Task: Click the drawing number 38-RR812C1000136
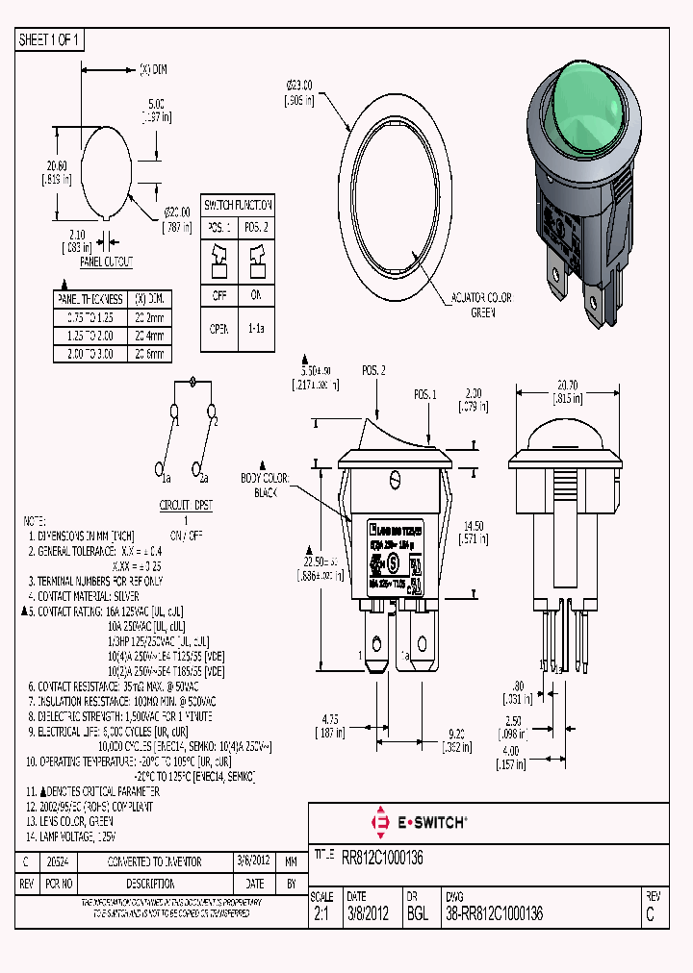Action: pos(494,914)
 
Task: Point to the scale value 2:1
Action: pos(321,914)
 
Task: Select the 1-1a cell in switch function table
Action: pos(257,328)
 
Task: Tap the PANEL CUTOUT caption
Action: pos(106,262)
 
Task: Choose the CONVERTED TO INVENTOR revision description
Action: pos(154,862)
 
